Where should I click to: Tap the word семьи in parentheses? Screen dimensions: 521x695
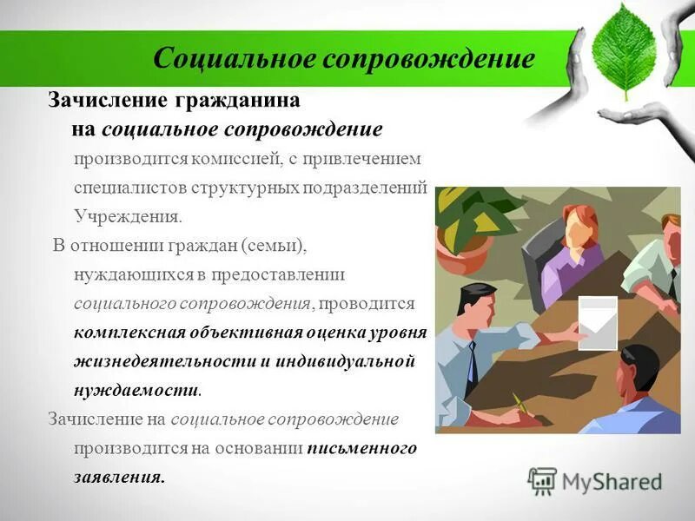point(275,245)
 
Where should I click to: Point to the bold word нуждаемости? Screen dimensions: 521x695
point(136,390)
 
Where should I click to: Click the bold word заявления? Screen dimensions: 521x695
point(118,477)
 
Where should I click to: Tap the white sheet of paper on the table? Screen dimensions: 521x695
point(597,322)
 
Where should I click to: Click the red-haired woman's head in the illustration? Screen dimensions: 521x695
point(577,225)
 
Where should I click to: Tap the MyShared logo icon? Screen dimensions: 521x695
point(542,481)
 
